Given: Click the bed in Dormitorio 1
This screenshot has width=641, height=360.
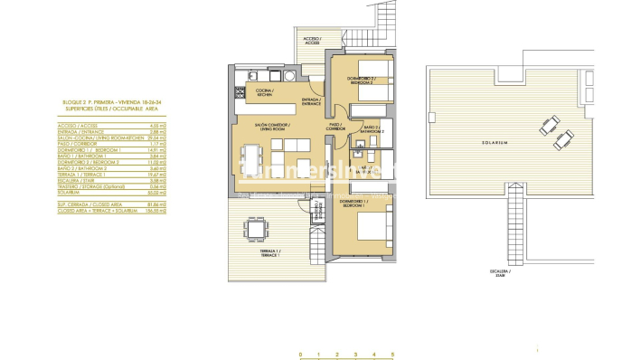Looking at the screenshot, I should (x=373, y=224).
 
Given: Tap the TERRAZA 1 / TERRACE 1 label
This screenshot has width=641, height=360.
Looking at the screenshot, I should (x=266, y=253).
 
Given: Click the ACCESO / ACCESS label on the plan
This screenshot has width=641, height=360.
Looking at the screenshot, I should (x=310, y=42).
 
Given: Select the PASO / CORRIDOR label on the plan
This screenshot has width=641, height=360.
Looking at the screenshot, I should (x=336, y=128).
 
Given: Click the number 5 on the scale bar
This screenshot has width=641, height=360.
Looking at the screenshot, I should (x=392, y=354).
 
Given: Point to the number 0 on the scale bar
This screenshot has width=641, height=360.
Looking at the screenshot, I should (x=299, y=354).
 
